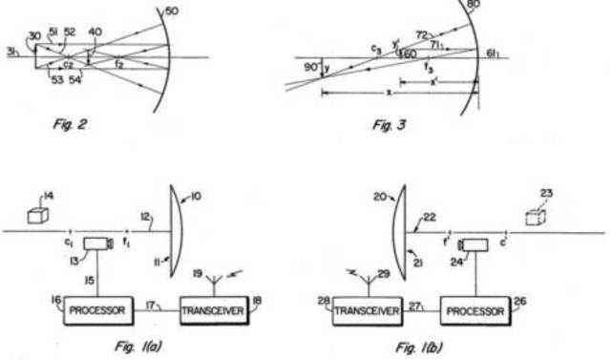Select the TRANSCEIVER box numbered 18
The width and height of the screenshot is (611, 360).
click(x=213, y=312)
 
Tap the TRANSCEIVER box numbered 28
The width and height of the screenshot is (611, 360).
click(x=368, y=312)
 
